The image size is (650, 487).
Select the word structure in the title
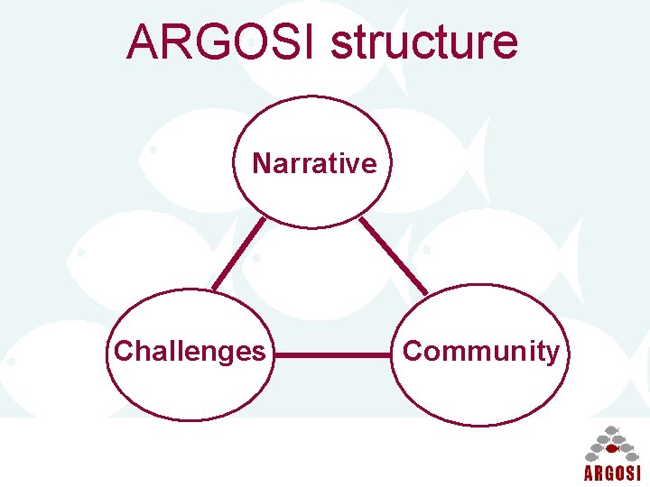coord(424,43)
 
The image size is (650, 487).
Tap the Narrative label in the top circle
coord(314,163)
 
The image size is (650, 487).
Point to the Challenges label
coord(190,351)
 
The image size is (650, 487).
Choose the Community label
coord(480,351)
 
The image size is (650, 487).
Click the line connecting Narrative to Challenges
coord(238,254)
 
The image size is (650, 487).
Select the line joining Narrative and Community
coord(394,256)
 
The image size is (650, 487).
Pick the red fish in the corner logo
coord(612,448)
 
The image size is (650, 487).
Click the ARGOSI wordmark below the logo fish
coord(612,473)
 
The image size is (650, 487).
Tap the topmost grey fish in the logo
coord(612,429)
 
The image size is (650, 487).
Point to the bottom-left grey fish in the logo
coord(595,456)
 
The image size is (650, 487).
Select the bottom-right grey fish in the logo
coord(629,456)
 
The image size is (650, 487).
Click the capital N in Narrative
coord(261,163)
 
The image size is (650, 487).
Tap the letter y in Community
coord(552,354)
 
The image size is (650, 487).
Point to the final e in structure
coord(506,44)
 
